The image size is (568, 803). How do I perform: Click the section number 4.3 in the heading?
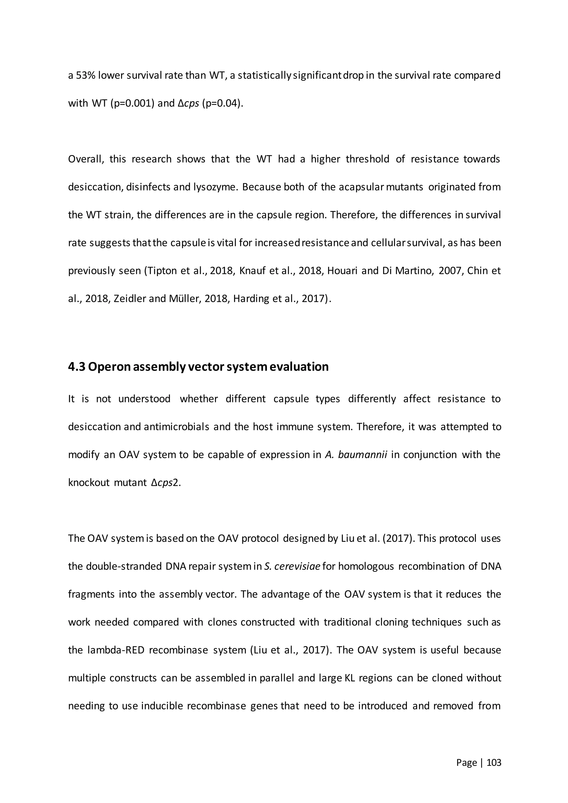pyautogui.click(x=76, y=367)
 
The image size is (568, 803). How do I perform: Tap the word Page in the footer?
pyautogui.click(x=466, y=763)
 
